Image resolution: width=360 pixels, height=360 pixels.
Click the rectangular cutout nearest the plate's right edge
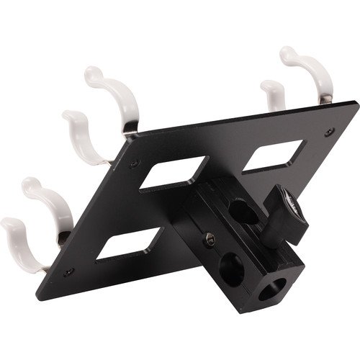click(274, 156)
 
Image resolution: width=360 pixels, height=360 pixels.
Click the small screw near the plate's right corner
click(329, 132)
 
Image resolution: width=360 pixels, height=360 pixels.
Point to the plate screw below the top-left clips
click(134, 164)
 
